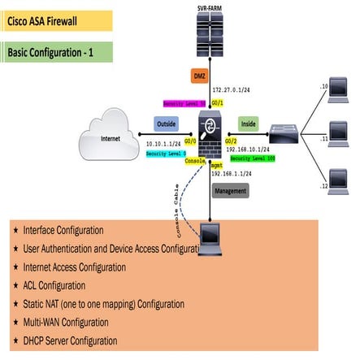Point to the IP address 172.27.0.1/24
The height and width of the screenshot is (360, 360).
pyautogui.click(x=234, y=89)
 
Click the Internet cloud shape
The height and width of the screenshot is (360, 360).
pyautogui.click(x=111, y=138)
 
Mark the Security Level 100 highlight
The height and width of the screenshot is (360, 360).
pyautogui.click(x=252, y=158)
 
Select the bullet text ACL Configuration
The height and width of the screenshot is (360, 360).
pyautogui.click(x=55, y=285)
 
